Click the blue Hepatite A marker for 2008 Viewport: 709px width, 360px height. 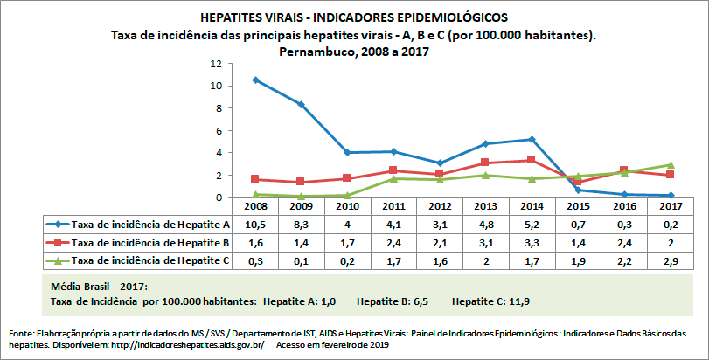[255, 80]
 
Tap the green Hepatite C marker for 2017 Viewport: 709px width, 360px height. [669, 164]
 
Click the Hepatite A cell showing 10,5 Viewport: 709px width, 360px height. [255, 225]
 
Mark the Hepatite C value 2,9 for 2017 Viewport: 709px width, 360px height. [669, 260]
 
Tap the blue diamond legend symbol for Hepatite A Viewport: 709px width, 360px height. [54, 225]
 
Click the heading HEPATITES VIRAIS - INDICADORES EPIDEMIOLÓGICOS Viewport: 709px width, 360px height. [353, 17]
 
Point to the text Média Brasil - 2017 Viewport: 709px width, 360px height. [98, 287]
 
